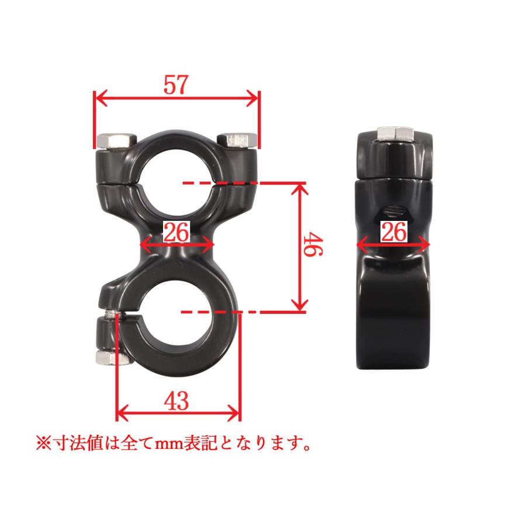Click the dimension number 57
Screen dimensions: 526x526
tap(176, 85)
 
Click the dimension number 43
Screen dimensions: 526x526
tap(176, 401)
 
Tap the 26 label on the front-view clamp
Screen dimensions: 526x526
tap(177, 232)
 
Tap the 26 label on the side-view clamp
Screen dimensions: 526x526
tap(394, 232)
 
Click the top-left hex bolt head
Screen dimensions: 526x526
tap(116, 141)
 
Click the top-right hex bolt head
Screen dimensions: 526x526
tap(237, 140)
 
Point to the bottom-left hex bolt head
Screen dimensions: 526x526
tap(113, 358)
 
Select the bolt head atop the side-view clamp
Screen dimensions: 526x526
tap(396, 134)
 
